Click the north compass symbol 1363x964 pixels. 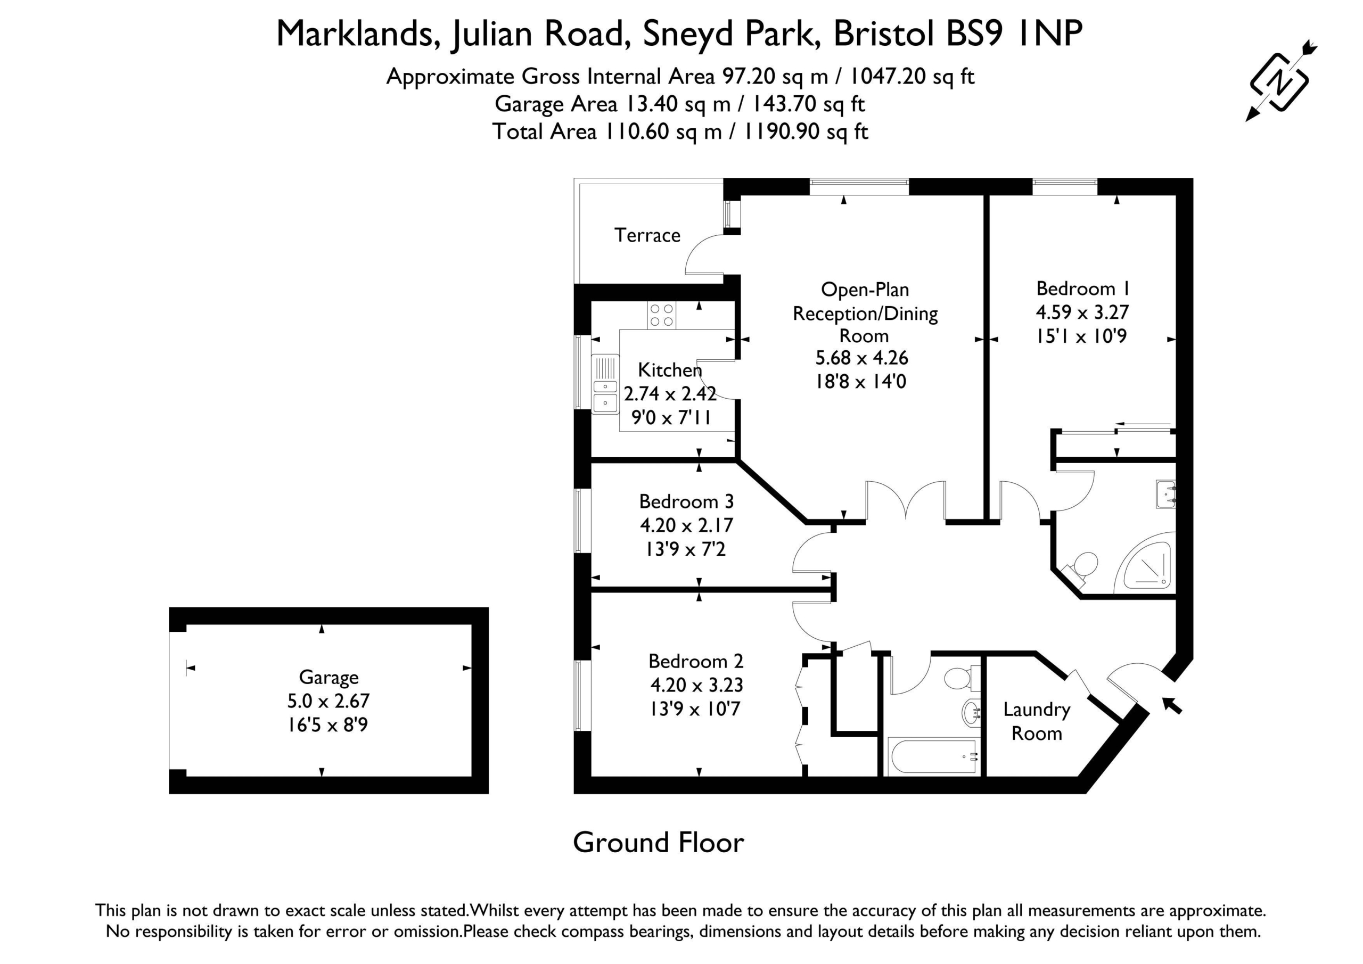(x=1280, y=81)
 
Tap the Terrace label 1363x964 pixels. (x=647, y=236)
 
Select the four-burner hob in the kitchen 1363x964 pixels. (x=662, y=315)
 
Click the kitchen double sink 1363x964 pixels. (x=605, y=384)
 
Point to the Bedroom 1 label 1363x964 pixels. (x=1083, y=289)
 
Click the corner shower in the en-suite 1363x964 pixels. (x=1145, y=563)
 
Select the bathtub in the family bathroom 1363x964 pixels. (x=933, y=756)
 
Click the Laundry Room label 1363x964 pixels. (x=1037, y=721)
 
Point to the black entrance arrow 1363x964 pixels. (x=1171, y=705)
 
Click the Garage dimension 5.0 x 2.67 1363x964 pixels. (x=329, y=701)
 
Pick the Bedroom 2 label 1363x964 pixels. (x=696, y=661)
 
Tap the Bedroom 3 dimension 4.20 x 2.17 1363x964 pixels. (x=686, y=525)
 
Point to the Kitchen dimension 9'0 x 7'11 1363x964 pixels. (x=671, y=418)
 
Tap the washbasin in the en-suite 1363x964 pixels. (x=1165, y=494)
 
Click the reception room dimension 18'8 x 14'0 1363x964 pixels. (x=861, y=381)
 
